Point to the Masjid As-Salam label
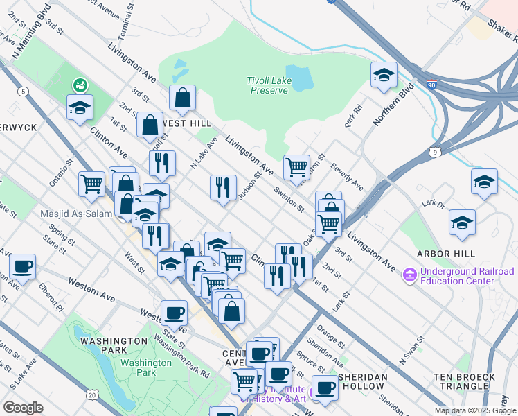tap(75, 214)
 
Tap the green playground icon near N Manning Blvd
tap(80, 85)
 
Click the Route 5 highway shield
tap(24, 91)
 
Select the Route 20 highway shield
tap(92, 395)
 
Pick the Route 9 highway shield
tap(434, 150)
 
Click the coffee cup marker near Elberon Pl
tap(22, 266)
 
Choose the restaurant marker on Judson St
tap(222, 187)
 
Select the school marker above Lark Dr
tap(483, 182)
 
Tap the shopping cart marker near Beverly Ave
tap(296, 167)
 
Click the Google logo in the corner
tap(23, 408)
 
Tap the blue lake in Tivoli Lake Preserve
tap(298, 78)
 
